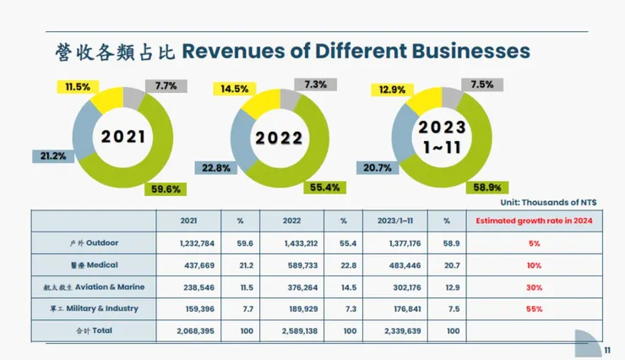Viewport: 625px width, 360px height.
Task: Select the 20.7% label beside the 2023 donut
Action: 378,169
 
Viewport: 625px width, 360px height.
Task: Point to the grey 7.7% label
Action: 166,85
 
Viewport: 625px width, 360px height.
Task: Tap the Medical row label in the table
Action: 94,264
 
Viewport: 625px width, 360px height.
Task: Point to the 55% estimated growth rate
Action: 534,308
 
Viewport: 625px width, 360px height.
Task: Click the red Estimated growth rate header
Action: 533,221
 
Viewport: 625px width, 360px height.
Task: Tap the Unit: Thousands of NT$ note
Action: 552,202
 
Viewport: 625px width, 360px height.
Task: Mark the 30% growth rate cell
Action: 534,286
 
